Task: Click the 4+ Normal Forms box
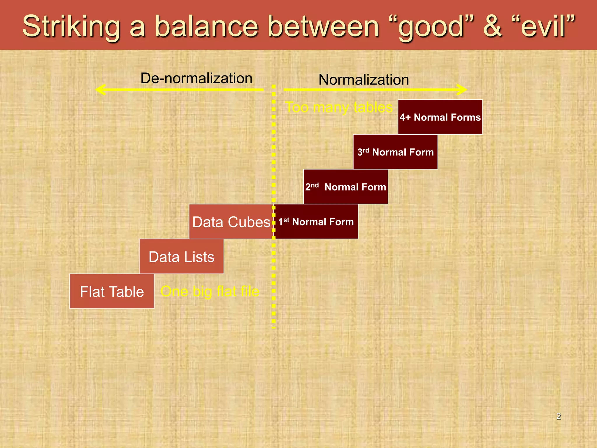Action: [x=440, y=117]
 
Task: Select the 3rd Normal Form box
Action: [x=395, y=152]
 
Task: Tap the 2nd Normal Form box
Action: [x=346, y=187]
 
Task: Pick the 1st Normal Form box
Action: [x=316, y=222]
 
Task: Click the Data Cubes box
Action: [x=231, y=222]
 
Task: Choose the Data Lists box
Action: [x=181, y=257]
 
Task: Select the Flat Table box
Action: [x=112, y=291]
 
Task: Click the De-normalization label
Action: [x=196, y=78]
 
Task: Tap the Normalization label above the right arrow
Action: [x=364, y=80]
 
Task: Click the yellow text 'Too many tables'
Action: [x=339, y=107]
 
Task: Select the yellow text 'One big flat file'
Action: [x=210, y=291]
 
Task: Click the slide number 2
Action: [x=559, y=416]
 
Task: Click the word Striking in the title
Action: [x=71, y=27]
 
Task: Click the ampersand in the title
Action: [x=492, y=27]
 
